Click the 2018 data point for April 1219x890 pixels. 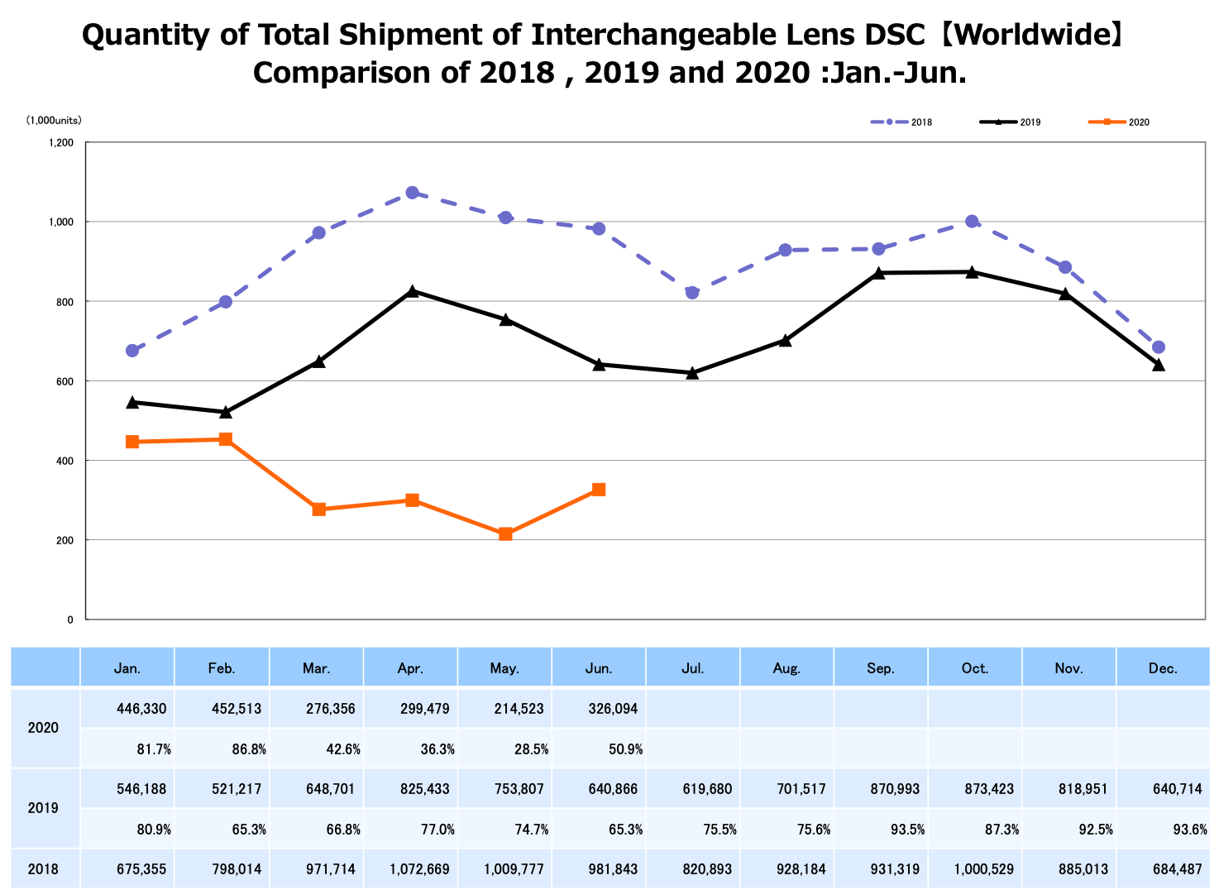tap(412, 193)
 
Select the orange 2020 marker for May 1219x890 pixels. tap(505, 534)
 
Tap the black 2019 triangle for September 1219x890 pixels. tap(878, 272)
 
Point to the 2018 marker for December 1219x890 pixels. tap(1158, 347)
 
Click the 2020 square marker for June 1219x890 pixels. tap(599, 490)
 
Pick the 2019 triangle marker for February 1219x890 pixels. tap(226, 411)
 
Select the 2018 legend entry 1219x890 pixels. tap(901, 122)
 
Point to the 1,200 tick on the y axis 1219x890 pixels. tap(61, 142)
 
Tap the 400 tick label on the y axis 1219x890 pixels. tap(65, 461)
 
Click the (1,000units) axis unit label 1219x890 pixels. tap(54, 121)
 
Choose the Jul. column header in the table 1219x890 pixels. tap(693, 668)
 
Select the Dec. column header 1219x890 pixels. tap(1163, 668)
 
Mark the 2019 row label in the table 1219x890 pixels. tap(43, 808)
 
